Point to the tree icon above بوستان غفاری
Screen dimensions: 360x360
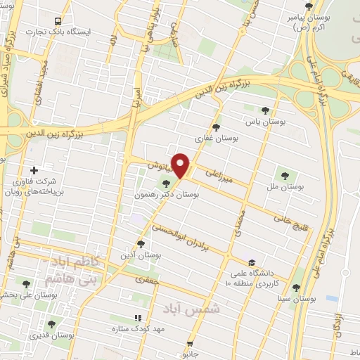(216, 128)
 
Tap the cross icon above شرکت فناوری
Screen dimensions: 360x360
(34, 169)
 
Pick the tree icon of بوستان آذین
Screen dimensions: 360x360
(141, 243)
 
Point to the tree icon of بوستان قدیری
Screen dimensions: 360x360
(51, 324)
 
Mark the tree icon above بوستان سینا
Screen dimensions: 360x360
(295, 287)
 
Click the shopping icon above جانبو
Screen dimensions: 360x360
(189, 344)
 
